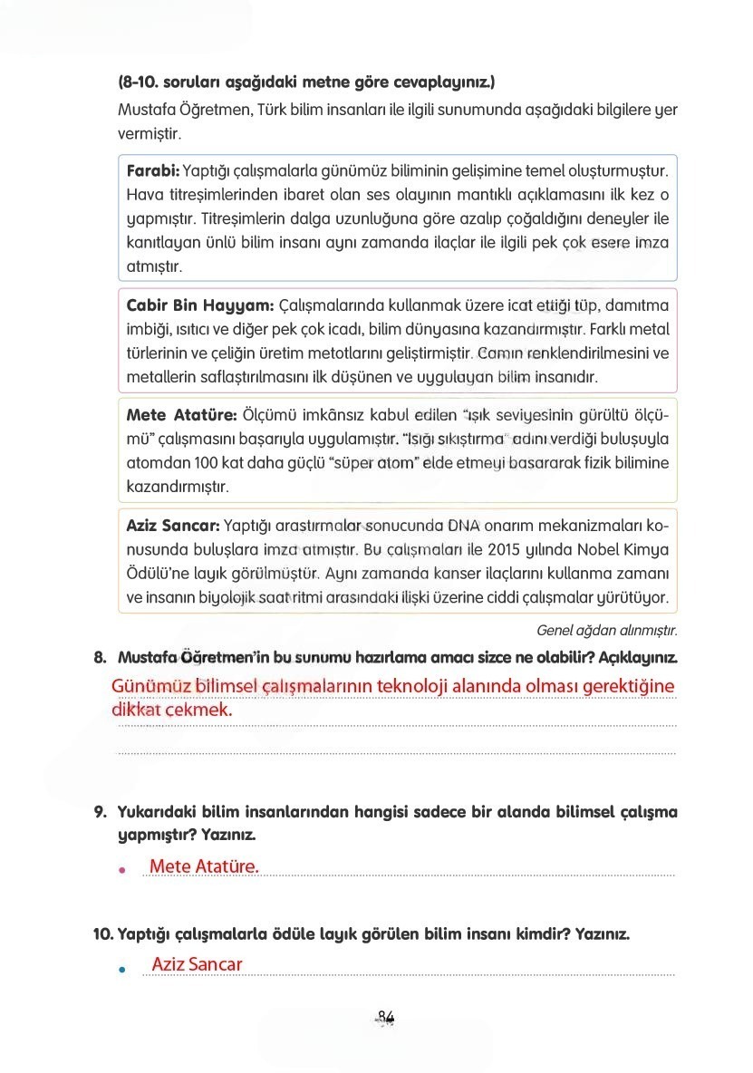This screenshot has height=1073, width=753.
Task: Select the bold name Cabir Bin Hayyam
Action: point(199,304)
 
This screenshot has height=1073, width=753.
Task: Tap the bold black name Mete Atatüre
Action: point(181,415)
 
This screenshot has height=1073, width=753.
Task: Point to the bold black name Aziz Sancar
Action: point(173,525)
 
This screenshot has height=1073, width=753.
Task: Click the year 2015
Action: point(507,549)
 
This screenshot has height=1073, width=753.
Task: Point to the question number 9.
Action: point(101,812)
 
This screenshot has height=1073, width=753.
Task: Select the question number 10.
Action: point(103,933)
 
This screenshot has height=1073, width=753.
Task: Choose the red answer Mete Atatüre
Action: point(204,866)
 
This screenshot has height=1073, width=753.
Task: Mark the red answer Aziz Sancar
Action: point(198,964)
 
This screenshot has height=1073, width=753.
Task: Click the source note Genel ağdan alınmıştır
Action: point(607,629)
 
